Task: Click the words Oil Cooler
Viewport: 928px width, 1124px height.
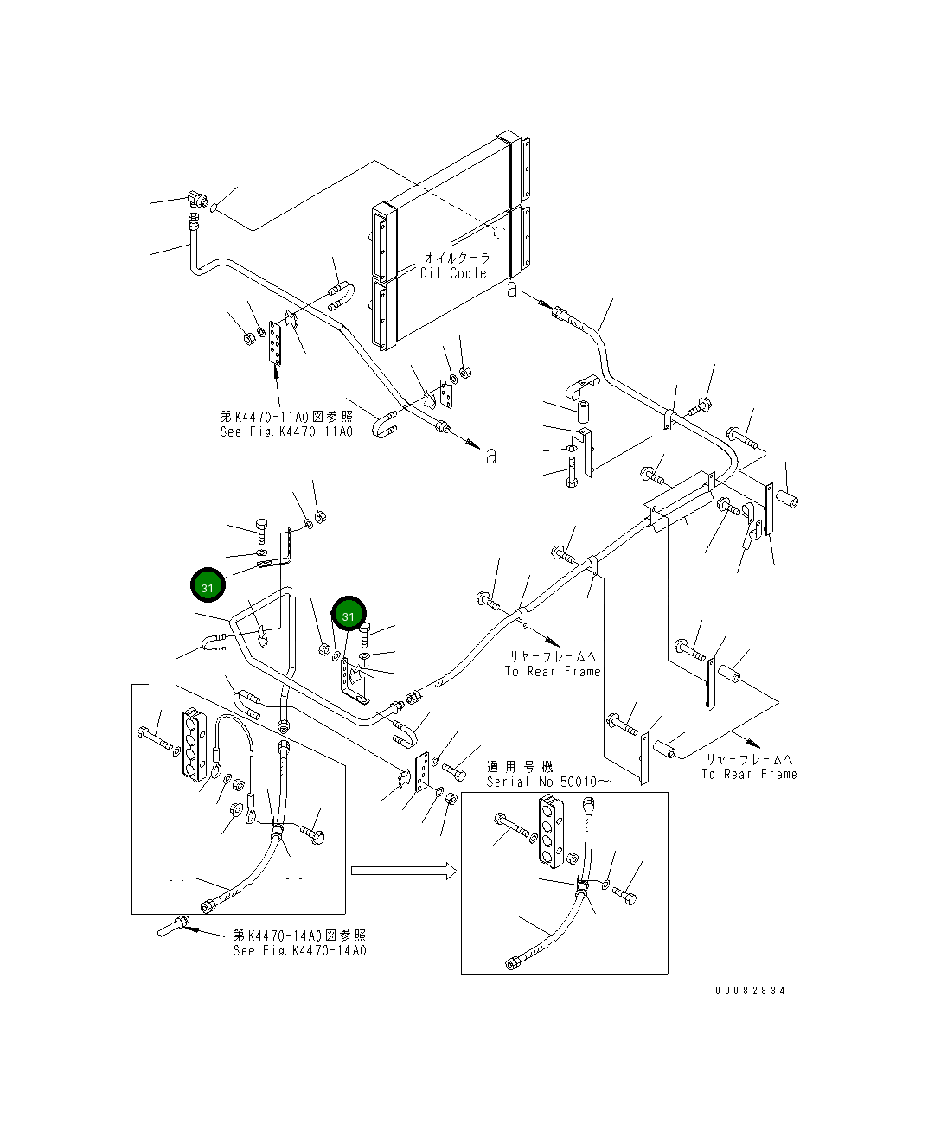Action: pyautogui.click(x=456, y=273)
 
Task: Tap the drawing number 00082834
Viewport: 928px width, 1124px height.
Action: pyautogui.click(x=750, y=991)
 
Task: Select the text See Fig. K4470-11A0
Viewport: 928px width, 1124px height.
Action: pyautogui.click(x=286, y=431)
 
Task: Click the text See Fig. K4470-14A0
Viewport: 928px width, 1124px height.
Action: pyautogui.click(x=299, y=951)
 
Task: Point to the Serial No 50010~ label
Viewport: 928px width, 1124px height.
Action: pyautogui.click(x=548, y=782)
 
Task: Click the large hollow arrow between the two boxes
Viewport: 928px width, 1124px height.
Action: pyautogui.click(x=404, y=871)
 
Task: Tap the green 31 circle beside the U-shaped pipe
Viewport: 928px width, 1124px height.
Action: pyautogui.click(x=208, y=585)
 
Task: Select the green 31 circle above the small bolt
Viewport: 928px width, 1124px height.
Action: pyautogui.click(x=349, y=614)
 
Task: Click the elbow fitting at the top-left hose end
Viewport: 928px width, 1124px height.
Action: pyautogui.click(x=197, y=199)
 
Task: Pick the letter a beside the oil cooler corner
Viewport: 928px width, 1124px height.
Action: pyautogui.click(x=512, y=290)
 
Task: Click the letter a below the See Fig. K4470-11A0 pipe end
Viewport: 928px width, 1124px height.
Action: pyautogui.click(x=490, y=457)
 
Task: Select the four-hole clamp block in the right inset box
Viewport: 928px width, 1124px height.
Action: pyautogui.click(x=551, y=833)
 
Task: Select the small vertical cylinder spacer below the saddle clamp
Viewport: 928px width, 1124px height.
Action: pyautogui.click(x=582, y=412)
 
